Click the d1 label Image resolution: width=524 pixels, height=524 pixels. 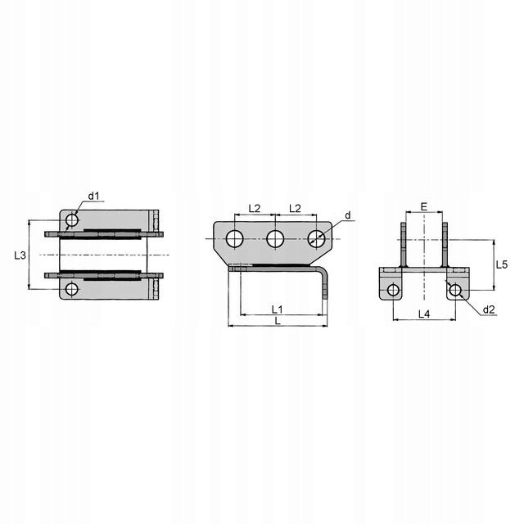(94, 196)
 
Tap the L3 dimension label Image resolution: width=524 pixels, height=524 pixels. (20, 255)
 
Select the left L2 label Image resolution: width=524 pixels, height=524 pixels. (255, 209)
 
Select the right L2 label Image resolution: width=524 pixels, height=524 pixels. (295, 209)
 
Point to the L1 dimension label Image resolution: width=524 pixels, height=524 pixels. (277, 309)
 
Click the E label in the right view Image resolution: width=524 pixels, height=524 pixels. (424, 207)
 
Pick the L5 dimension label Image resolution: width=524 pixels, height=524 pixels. (502, 265)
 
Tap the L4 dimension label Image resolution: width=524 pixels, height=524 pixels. (424, 314)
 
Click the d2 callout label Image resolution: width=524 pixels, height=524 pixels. (489, 309)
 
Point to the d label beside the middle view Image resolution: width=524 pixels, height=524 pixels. (348, 215)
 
